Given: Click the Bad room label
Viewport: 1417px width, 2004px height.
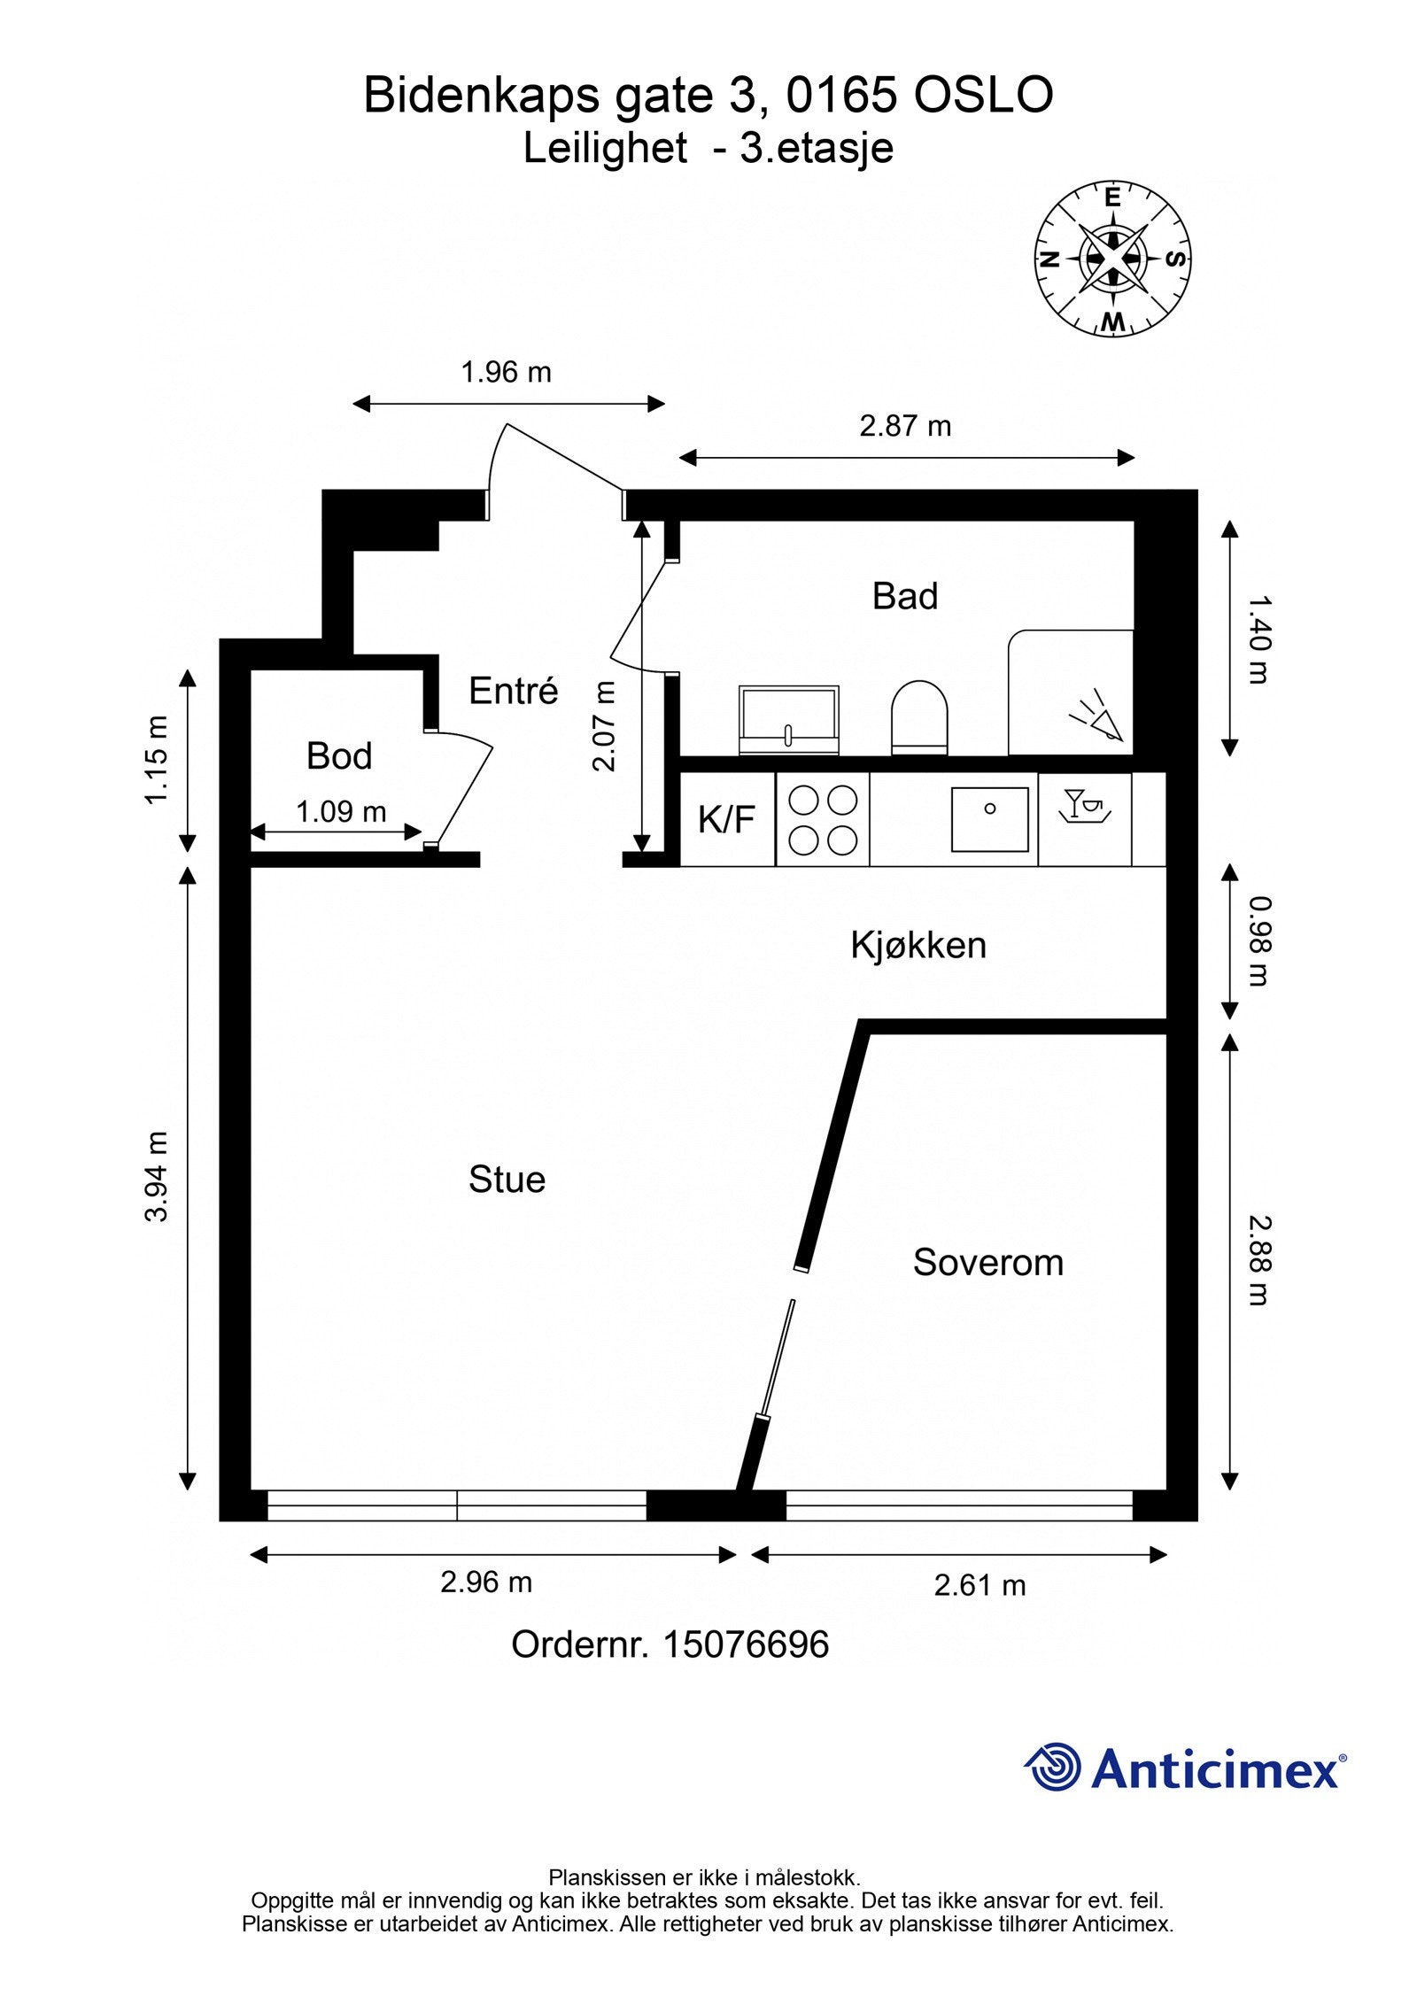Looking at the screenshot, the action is click(x=904, y=596).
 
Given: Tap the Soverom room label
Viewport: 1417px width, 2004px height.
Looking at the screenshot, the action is click(x=987, y=1262).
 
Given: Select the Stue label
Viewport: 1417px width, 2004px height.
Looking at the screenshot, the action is click(x=507, y=1179).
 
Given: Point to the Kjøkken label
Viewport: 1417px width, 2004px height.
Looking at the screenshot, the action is click(x=918, y=945).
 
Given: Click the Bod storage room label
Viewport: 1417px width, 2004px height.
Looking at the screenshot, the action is click(x=339, y=755).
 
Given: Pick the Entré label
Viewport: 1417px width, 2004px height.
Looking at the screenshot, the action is click(x=513, y=690).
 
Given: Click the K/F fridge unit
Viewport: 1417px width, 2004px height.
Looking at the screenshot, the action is click(x=727, y=819).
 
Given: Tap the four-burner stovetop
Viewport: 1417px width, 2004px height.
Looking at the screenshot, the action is click(x=823, y=819).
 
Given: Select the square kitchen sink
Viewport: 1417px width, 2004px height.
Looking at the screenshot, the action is click(x=990, y=819).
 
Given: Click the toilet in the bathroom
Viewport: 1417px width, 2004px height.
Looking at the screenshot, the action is click(x=919, y=717).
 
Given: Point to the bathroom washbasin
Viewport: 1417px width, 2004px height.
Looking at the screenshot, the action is click(x=788, y=720).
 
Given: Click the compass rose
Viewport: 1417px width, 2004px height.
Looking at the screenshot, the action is click(x=1112, y=259).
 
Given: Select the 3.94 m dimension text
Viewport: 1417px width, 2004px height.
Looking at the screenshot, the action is click(x=157, y=1176).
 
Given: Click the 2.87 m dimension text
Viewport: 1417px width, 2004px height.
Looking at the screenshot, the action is click(x=905, y=426).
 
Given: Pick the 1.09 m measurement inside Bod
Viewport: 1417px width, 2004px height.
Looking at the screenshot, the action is click(x=341, y=811).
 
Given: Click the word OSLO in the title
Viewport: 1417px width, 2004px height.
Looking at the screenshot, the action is click(x=984, y=95).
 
